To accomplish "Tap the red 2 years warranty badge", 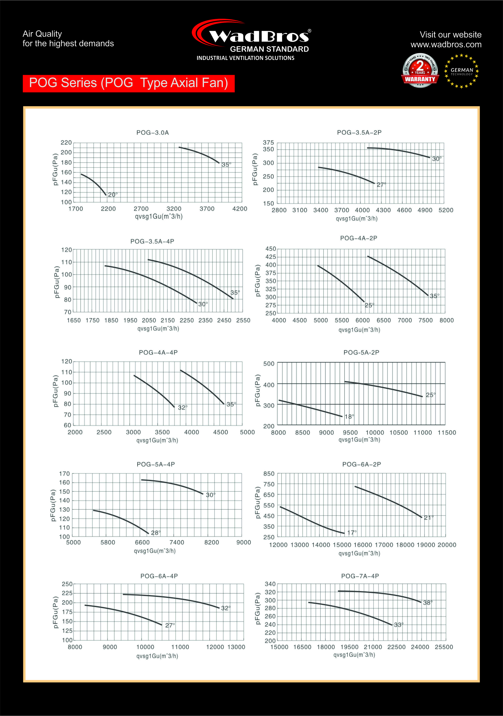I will tap(420, 71).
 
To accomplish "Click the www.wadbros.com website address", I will tap(446, 45).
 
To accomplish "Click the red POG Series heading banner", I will tap(128, 83).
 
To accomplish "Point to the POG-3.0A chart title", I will tap(152, 133).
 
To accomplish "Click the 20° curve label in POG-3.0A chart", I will tap(113, 194).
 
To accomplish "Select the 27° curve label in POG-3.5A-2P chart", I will tap(381, 185).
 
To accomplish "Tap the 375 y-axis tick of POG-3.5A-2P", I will tap(268, 143).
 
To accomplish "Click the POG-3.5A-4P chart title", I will tap(152, 241).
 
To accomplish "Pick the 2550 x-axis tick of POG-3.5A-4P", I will tap(243, 320).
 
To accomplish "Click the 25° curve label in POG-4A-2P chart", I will tap(369, 305).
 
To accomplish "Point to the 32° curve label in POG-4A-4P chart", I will tap(182, 408).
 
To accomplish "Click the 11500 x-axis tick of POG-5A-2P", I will tap(447, 433).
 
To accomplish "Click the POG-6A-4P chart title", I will tap(159, 576).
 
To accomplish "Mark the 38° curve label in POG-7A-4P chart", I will tap(428, 603).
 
